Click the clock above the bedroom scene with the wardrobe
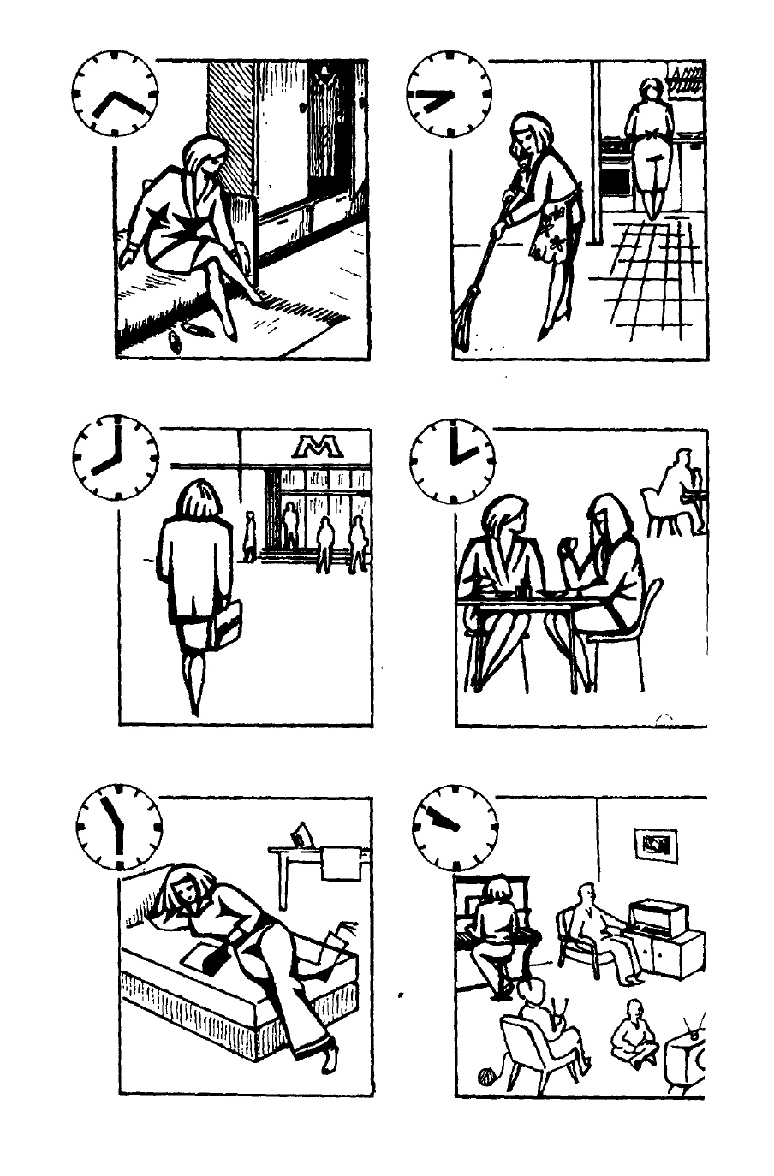tap(115, 93)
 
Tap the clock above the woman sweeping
tap(450, 94)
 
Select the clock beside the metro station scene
tap(115, 457)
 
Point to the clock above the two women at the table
tap(452, 461)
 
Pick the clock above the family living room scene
tap(455, 828)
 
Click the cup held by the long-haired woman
tap(565, 543)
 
